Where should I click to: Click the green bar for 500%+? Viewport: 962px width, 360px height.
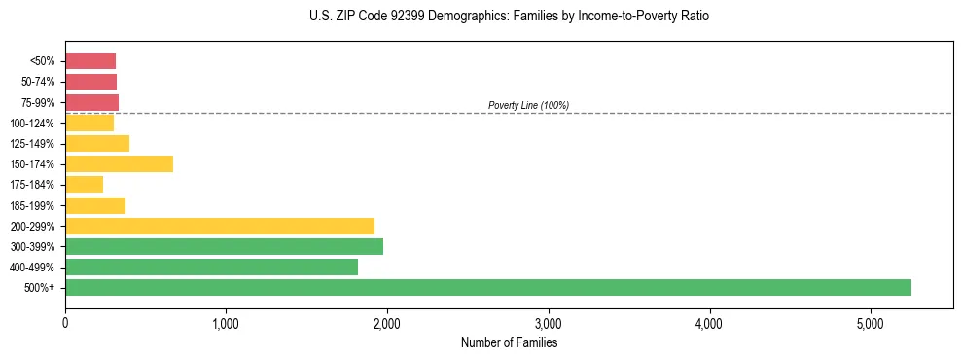(x=487, y=287)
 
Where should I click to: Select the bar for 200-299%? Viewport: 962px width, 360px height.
(x=220, y=226)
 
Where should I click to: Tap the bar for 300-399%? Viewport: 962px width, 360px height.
(x=224, y=246)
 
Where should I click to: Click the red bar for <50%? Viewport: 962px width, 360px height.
(x=90, y=61)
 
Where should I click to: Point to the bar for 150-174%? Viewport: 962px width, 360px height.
(x=119, y=163)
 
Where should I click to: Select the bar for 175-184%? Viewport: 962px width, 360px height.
(x=84, y=185)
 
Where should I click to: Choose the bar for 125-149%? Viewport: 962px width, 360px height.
(x=97, y=143)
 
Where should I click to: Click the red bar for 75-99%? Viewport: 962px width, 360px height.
(x=91, y=102)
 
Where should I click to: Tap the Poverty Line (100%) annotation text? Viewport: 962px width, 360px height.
(x=528, y=105)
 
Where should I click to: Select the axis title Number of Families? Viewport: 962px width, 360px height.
(x=509, y=342)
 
